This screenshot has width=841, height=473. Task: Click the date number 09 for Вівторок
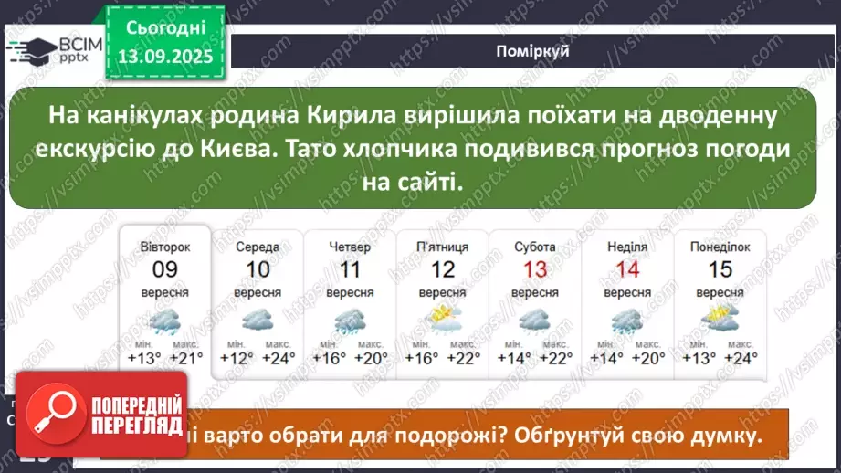(165, 269)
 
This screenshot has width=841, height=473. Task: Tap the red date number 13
(535, 269)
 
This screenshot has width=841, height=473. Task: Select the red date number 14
(627, 269)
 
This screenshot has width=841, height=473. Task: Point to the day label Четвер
(350, 247)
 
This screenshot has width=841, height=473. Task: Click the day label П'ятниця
(443, 247)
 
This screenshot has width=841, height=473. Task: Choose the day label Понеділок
(720, 247)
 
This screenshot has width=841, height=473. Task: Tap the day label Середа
(258, 247)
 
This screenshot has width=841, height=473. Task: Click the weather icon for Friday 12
(443, 320)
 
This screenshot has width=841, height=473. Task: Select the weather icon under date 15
(720, 320)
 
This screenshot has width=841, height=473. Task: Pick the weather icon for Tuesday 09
(165, 321)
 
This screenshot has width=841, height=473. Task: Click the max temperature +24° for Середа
(279, 358)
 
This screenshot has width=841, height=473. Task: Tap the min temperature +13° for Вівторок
(145, 358)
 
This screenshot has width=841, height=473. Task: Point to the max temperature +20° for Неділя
(648, 358)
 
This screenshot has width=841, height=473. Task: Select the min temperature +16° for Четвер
(330, 358)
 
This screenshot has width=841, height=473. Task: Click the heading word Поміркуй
(534, 51)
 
